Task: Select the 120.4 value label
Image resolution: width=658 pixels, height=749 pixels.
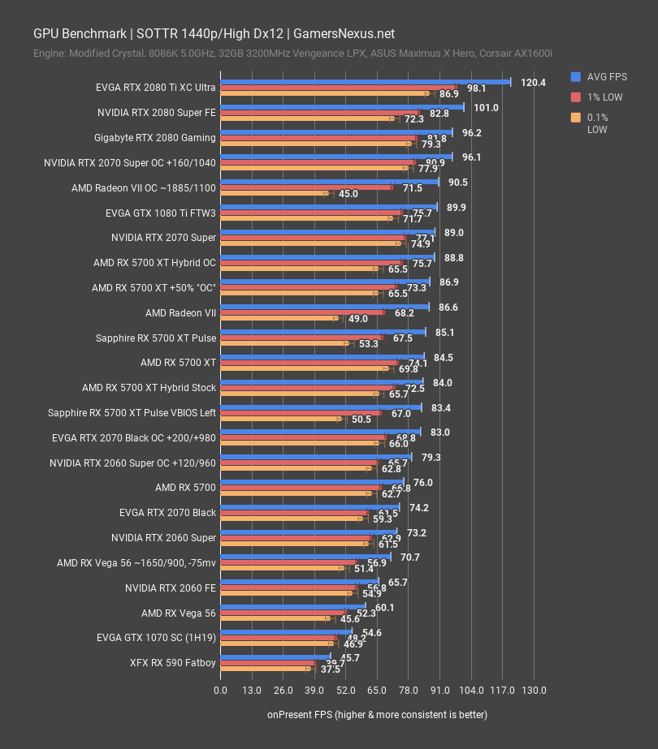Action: (533, 82)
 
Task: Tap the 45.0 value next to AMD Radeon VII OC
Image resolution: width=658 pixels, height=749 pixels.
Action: (348, 194)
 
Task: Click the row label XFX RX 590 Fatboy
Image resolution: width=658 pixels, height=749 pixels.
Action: (173, 662)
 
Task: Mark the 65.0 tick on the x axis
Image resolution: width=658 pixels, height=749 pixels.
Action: (377, 690)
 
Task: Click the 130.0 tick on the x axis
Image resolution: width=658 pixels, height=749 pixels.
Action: (534, 690)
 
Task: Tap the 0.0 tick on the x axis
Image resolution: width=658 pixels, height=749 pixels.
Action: (220, 690)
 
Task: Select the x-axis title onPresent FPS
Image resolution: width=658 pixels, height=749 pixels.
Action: (377, 714)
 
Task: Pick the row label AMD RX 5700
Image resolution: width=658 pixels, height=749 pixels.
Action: (185, 488)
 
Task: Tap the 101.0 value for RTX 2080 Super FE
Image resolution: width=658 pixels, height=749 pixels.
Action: (486, 107)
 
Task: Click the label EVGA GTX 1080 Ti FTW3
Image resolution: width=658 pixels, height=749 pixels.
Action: (161, 213)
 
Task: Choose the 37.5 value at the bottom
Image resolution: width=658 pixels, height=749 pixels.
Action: (331, 669)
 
